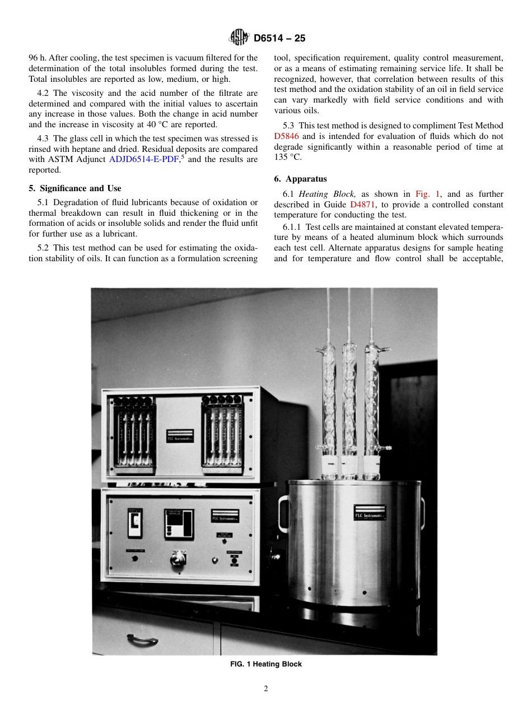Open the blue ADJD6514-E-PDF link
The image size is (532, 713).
[143, 159]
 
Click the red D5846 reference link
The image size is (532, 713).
[286, 136]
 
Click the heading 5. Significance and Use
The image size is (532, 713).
[74, 188]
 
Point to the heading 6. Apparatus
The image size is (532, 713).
[300, 179]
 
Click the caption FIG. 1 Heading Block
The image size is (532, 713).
[266, 664]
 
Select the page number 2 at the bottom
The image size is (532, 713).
[266, 689]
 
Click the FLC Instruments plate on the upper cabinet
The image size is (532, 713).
[180, 437]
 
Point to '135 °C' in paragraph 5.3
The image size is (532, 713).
[288, 158]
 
